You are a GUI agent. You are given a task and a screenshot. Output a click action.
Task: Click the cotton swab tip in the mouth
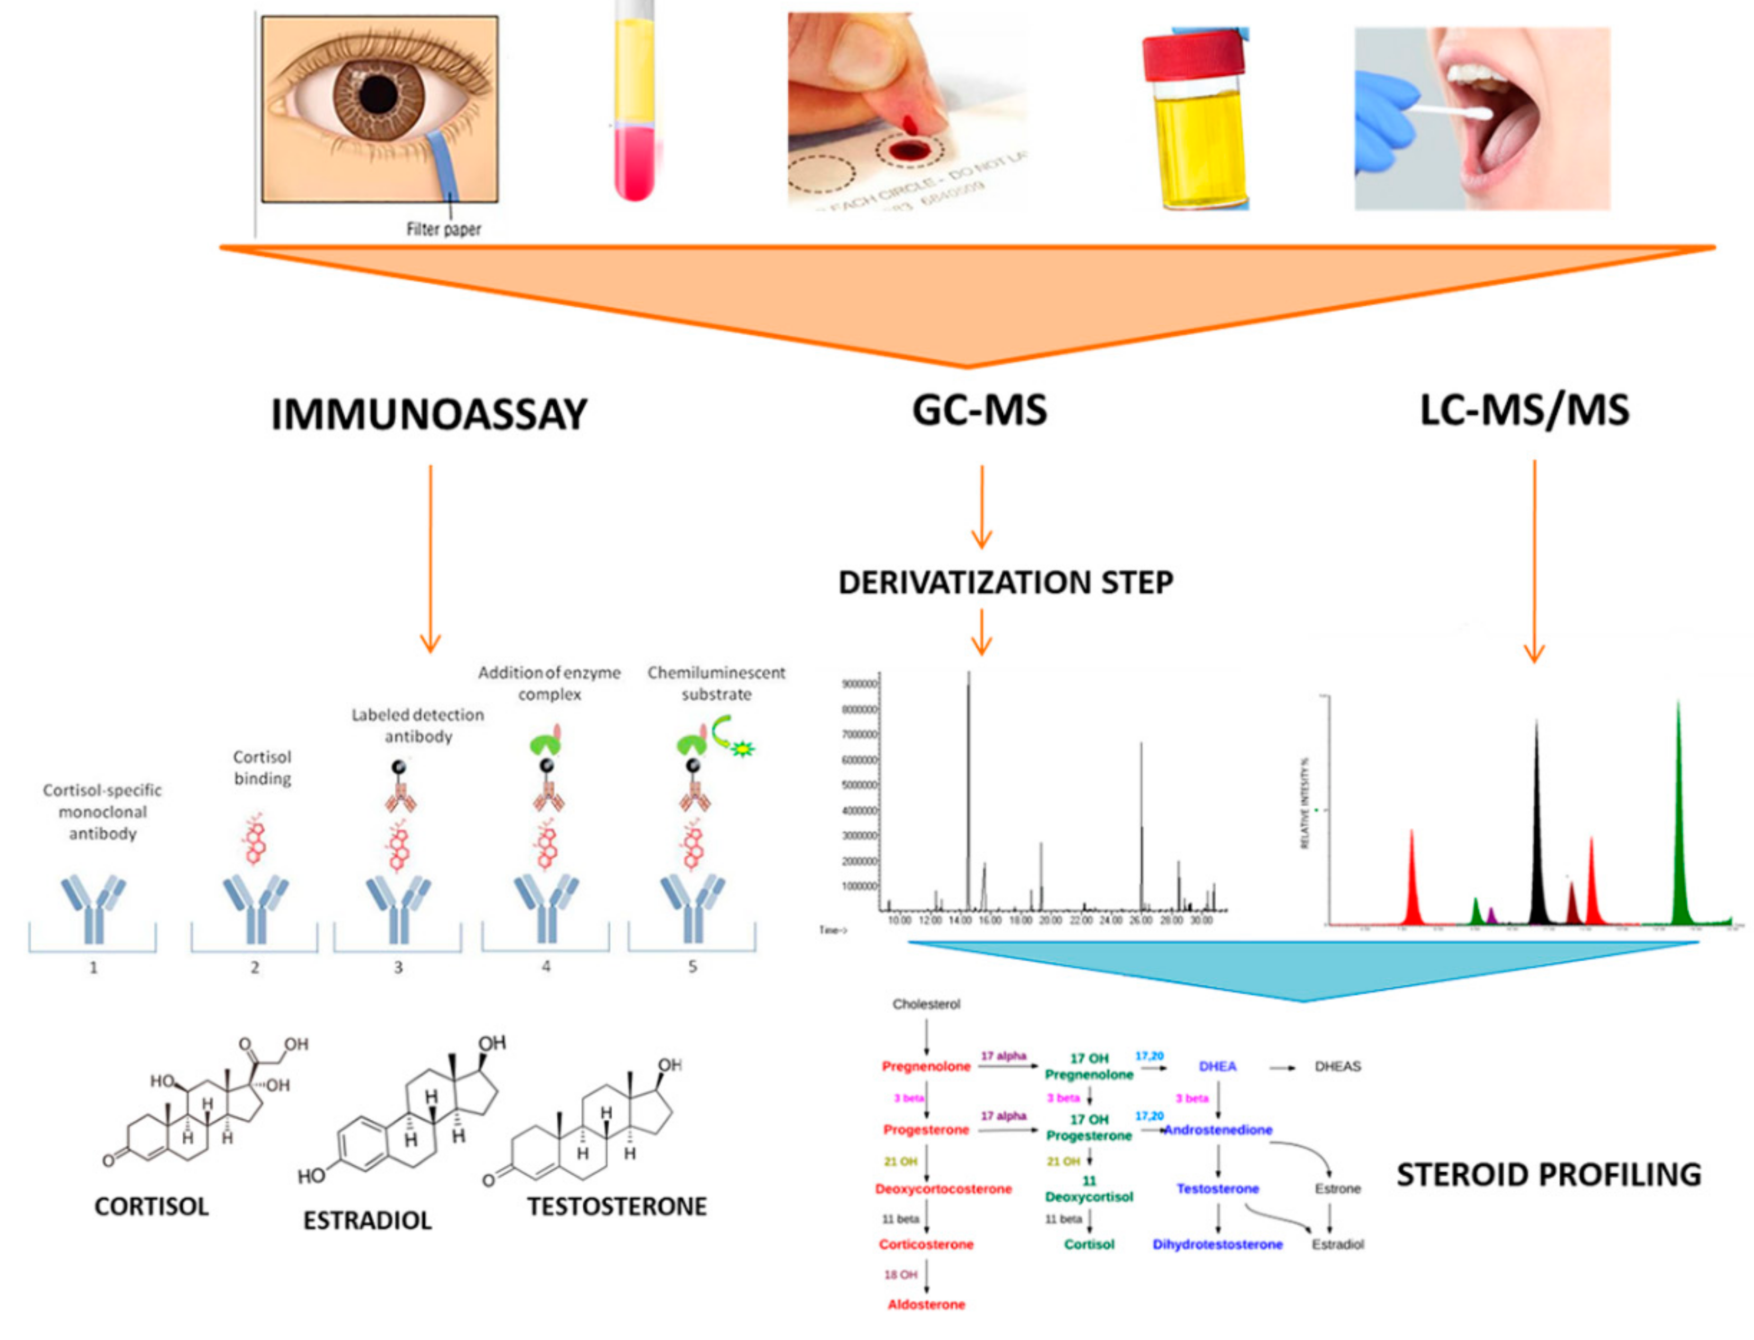(1476, 113)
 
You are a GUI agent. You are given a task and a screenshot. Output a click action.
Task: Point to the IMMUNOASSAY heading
(429, 415)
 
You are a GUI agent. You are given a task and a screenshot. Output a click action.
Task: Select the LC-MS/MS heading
(1524, 411)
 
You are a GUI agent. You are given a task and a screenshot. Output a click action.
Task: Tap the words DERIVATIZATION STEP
(1005, 582)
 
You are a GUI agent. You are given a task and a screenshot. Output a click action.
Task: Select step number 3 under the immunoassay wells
(398, 968)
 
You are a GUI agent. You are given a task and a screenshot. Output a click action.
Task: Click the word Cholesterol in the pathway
(926, 1004)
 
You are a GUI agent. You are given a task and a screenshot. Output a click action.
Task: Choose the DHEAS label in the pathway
(1337, 1066)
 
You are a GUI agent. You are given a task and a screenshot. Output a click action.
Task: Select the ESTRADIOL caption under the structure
(367, 1220)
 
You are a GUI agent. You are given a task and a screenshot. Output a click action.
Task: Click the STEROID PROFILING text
(1548, 1175)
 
